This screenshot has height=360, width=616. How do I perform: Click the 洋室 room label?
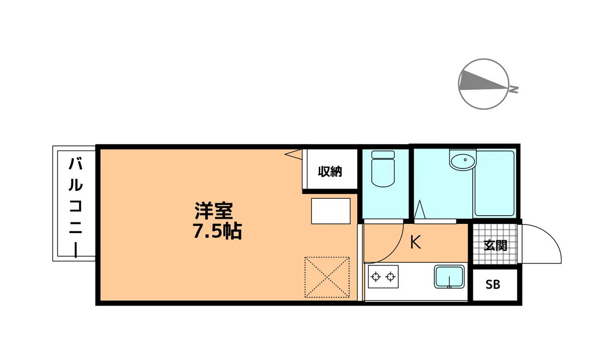point(214,211)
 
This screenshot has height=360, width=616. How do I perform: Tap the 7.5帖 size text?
point(217,231)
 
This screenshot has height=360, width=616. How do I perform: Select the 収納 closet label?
point(330,172)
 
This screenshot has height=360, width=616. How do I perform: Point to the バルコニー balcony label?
point(75,207)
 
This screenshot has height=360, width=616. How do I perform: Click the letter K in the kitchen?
point(415,242)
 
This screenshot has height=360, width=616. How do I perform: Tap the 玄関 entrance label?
point(495,245)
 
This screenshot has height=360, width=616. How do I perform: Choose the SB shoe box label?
point(492,285)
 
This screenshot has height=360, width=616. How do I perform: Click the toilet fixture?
point(383,168)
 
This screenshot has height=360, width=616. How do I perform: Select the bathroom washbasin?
point(463,161)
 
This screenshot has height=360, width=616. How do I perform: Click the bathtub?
point(494,183)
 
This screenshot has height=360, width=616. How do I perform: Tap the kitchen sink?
point(449,276)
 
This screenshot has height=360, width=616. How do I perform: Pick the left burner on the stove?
point(376,277)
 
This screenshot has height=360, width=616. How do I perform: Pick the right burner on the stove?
point(391,277)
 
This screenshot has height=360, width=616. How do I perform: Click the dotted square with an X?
point(327,277)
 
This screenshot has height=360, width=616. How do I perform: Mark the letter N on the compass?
point(514,89)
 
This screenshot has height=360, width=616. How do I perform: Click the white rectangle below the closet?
point(331,211)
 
